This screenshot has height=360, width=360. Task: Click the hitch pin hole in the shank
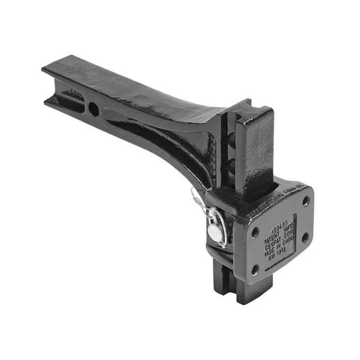click(94, 108)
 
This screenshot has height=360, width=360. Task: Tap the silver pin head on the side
click(215, 232)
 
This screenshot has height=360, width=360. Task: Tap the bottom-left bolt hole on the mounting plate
click(255, 270)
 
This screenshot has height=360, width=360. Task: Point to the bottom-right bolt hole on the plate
click(305, 237)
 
